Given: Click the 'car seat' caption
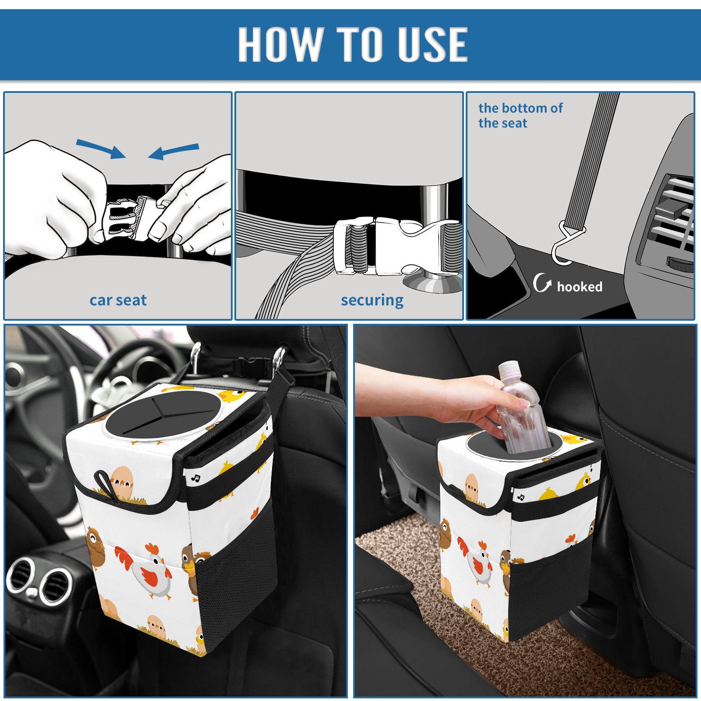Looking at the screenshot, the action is pyautogui.click(x=118, y=300).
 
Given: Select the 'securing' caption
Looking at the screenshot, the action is pyautogui.click(x=372, y=301).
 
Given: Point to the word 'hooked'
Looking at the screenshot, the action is pyautogui.click(x=580, y=287).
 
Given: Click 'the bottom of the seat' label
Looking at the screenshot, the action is pyautogui.click(x=520, y=115).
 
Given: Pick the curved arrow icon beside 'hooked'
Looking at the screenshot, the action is pyautogui.click(x=542, y=282).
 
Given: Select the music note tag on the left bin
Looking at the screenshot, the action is pyautogui.click(x=196, y=478).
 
